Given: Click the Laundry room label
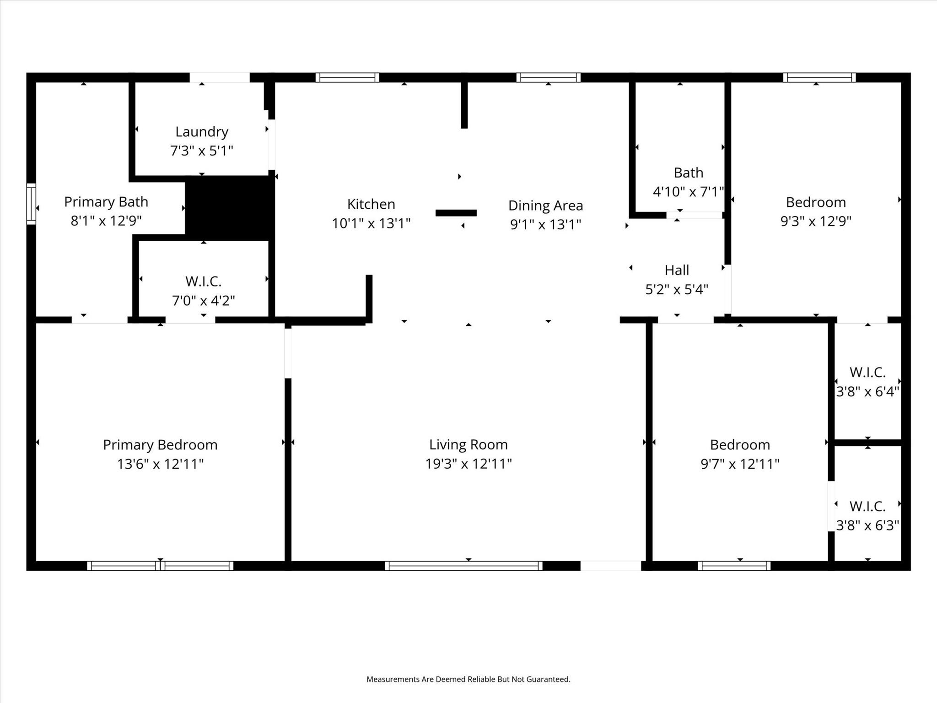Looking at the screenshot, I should click(202, 132).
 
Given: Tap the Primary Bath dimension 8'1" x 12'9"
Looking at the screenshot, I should click(106, 221).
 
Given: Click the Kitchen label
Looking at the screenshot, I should click(371, 204).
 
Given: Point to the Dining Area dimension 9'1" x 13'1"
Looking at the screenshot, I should click(545, 224).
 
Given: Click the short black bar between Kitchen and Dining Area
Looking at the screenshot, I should click(456, 213).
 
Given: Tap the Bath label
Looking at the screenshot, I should click(688, 173).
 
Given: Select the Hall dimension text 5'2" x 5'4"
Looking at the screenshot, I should click(677, 289).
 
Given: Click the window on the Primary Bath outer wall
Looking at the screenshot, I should click(31, 204).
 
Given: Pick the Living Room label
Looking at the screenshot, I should click(468, 444).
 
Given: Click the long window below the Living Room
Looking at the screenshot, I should click(463, 566).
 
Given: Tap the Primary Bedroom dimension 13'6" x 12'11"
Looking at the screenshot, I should click(160, 464).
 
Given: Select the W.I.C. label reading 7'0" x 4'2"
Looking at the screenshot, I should click(203, 281).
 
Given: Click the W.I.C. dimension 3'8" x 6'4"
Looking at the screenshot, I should click(867, 392).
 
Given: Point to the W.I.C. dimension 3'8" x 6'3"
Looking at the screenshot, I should click(867, 525).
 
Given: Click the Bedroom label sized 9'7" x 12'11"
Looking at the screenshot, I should click(740, 445).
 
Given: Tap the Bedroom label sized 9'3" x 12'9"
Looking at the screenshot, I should click(816, 202).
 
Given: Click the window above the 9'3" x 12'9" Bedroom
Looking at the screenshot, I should click(819, 77).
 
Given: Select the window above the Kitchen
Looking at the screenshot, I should click(347, 77).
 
